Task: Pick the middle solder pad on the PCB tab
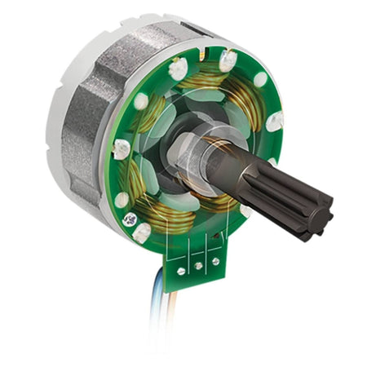coord(197,264)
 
